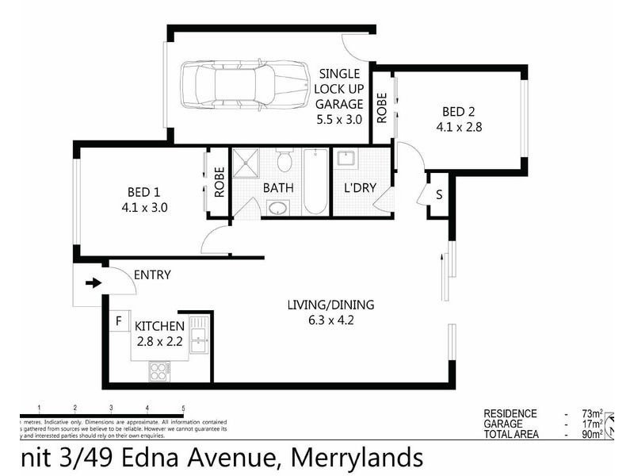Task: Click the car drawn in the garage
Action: [244, 85]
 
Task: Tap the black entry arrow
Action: [93, 282]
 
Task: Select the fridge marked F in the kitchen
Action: [119, 321]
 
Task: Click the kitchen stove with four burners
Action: [159, 370]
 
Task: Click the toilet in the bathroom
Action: [285, 161]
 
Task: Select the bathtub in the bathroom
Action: [315, 182]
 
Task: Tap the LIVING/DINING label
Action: [330, 305]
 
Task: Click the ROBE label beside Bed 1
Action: [220, 182]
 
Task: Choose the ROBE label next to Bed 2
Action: [382, 107]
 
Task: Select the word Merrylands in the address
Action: [357, 458]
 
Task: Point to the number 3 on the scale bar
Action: [111, 407]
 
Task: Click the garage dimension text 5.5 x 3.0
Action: [338, 120]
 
